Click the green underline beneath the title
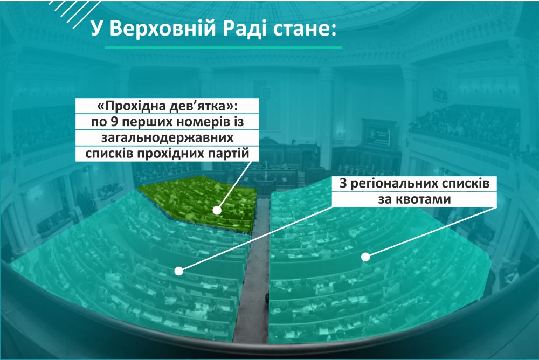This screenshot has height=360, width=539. pos(223,47)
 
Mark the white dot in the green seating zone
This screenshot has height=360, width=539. pos(217,210)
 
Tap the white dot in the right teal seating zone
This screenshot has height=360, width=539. pos(365,257)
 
